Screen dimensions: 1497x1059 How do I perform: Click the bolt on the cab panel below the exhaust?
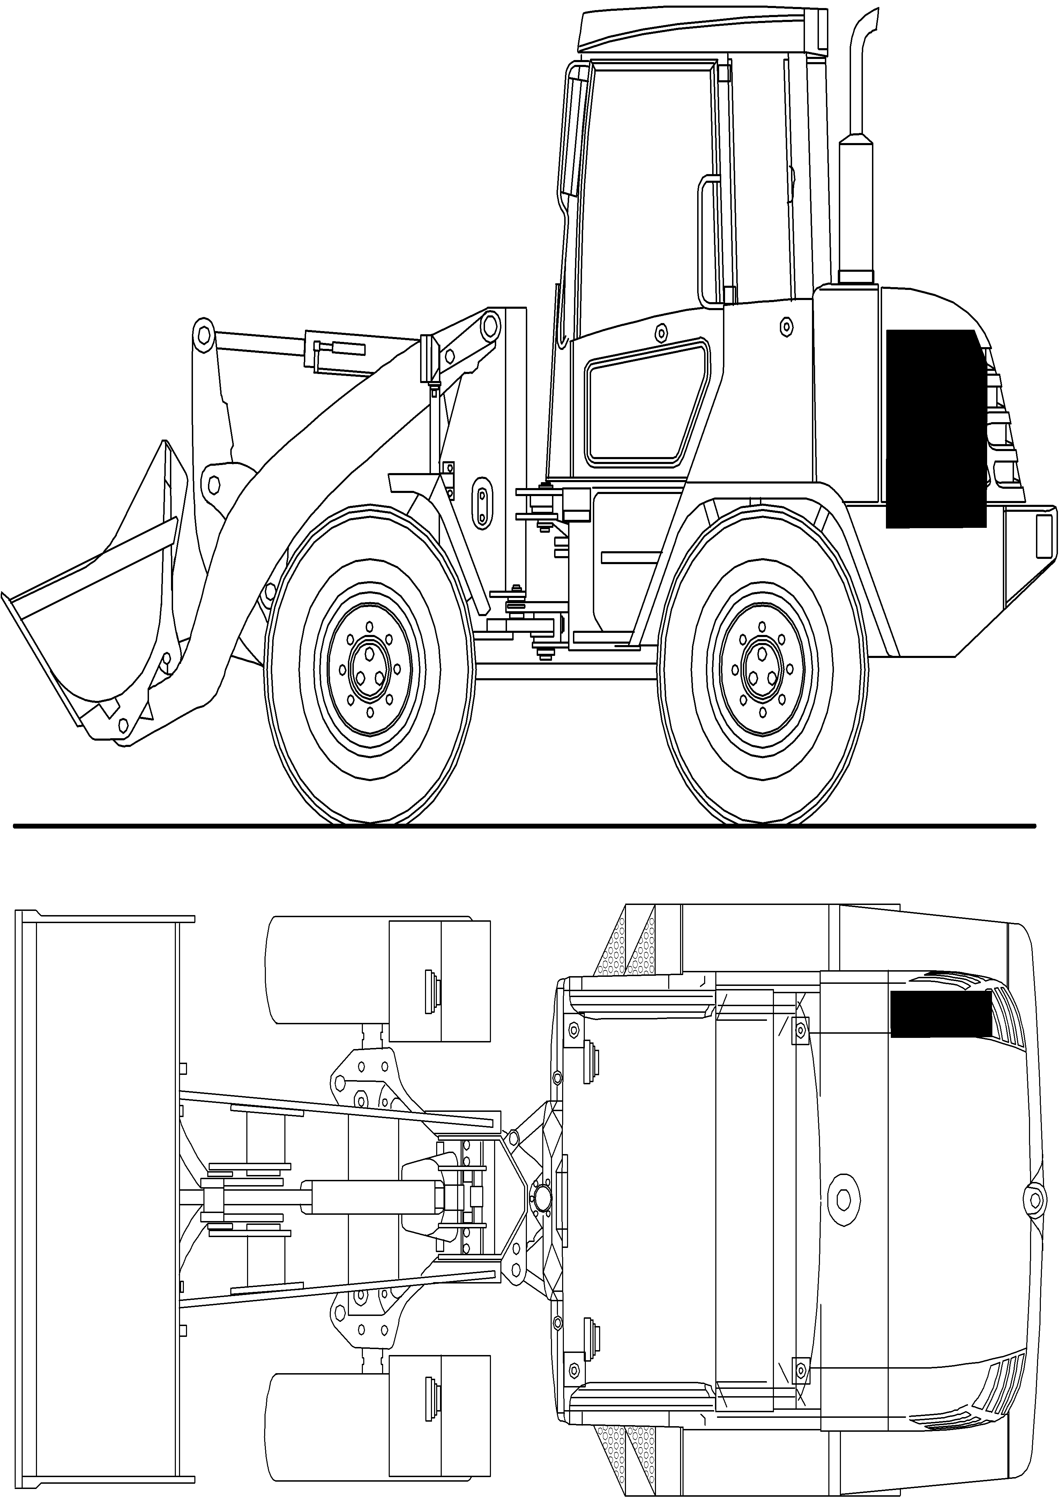786,325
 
